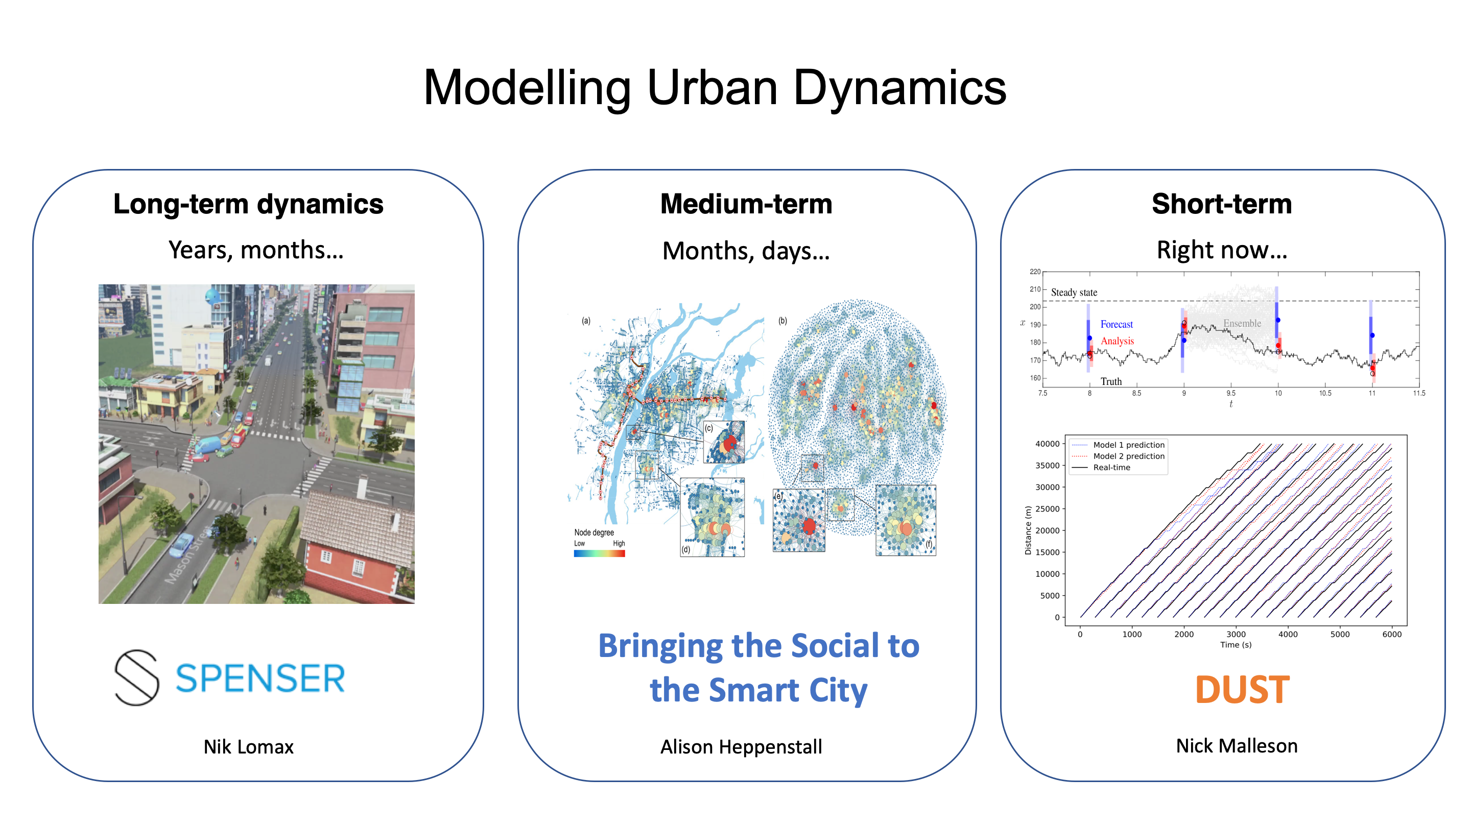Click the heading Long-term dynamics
(x=248, y=204)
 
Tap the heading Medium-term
(x=746, y=204)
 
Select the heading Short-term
(x=1221, y=204)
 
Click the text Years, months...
(x=255, y=250)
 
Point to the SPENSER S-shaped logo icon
(x=137, y=677)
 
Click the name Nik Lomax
(x=248, y=746)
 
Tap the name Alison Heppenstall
(x=741, y=746)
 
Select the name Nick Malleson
(x=1236, y=746)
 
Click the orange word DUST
(x=1242, y=690)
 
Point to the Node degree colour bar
(x=599, y=553)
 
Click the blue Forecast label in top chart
(x=1116, y=324)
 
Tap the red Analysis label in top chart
(x=1117, y=340)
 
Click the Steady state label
(x=1074, y=292)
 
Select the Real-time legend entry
(x=1111, y=468)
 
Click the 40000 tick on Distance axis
(x=1047, y=444)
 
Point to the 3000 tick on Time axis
(x=1236, y=634)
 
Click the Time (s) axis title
(x=1235, y=645)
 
